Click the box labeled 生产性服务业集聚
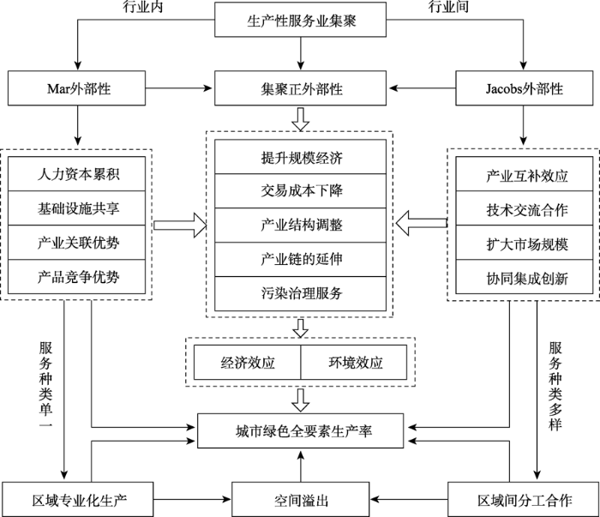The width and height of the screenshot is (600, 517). (300, 21)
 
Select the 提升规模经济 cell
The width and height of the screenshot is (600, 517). (299, 158)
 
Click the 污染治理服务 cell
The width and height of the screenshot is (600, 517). (299, 293)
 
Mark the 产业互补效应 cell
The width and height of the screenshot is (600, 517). (525, 175)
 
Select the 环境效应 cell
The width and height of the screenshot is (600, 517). (353, 361)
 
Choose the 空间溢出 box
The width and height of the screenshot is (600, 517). (300, 499)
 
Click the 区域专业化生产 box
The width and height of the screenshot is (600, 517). (78, 499)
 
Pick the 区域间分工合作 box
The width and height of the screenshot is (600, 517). (523, 499)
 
